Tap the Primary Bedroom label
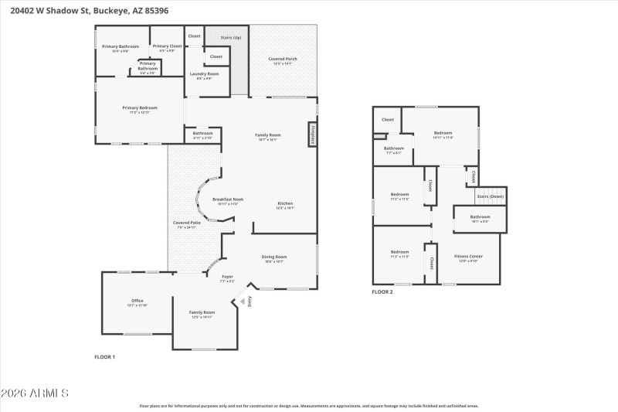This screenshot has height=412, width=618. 140,109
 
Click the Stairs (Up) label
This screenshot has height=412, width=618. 226,36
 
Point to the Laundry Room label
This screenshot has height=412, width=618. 204,75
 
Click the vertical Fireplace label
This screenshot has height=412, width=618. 313,134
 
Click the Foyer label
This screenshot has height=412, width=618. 227,278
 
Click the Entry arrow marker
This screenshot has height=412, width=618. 246,301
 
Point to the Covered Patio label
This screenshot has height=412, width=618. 187,224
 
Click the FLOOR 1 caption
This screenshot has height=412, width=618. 104,356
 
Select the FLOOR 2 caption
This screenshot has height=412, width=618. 382,292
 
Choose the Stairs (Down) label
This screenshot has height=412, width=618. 491,196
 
